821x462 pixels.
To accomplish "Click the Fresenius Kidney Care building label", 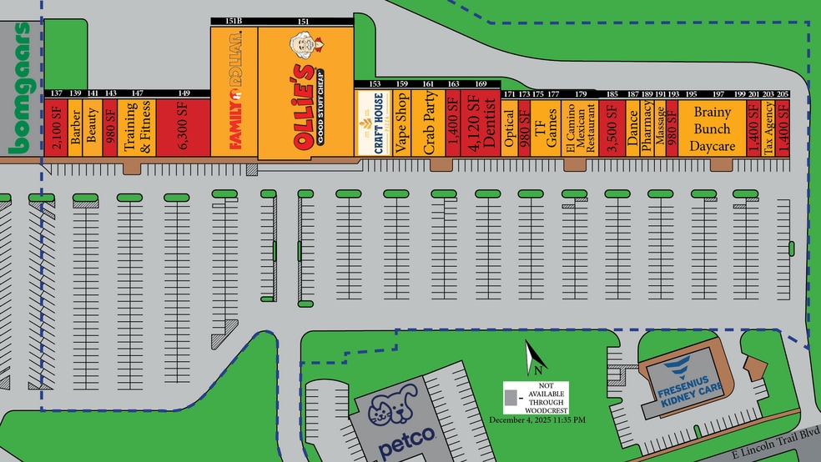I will point(683,383).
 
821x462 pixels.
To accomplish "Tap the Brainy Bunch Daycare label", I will point(710,128).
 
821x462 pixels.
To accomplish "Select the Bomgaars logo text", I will point(21,88).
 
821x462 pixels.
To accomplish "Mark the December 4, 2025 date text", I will point(537,419).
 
